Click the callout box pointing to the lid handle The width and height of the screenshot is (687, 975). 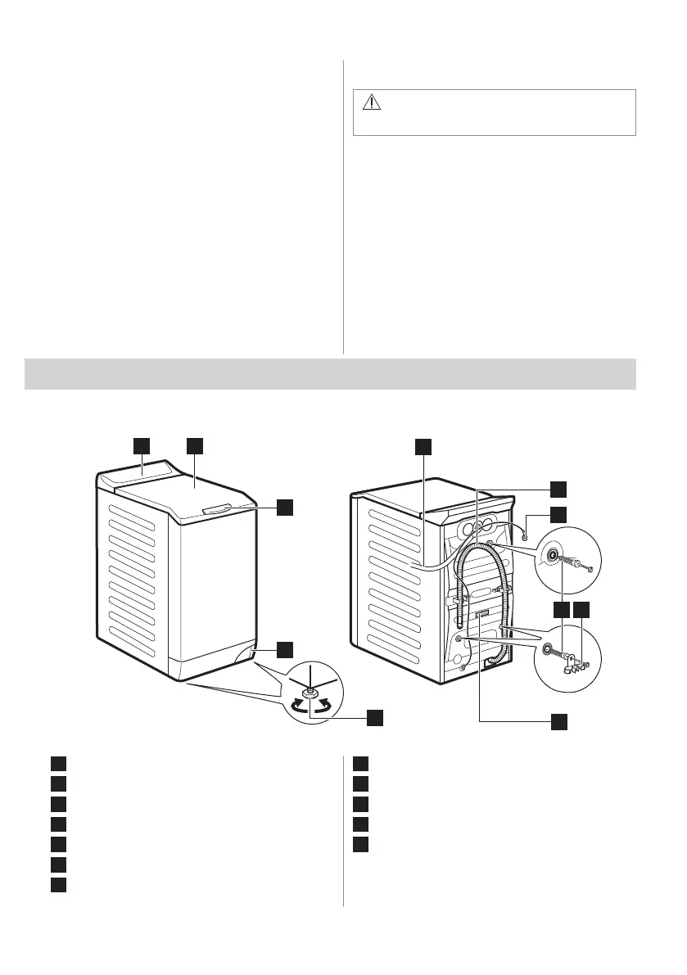click(284, 508)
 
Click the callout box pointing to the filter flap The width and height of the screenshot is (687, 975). click(284, 649)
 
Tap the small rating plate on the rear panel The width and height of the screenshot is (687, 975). click(481, 613)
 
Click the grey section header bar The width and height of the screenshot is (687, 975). click(331, 373)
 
